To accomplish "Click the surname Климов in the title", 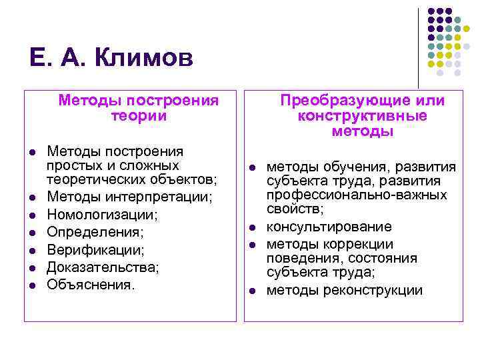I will [144, 59].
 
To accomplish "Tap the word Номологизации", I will [101, 215].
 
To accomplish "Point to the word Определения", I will [95, 233].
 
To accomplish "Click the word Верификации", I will [95, 250].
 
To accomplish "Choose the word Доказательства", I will [103, 267].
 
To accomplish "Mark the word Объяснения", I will [91, 285].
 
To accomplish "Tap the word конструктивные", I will [362, 116].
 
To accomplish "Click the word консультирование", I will [329, 227].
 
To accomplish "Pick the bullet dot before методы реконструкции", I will [253, 291].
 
